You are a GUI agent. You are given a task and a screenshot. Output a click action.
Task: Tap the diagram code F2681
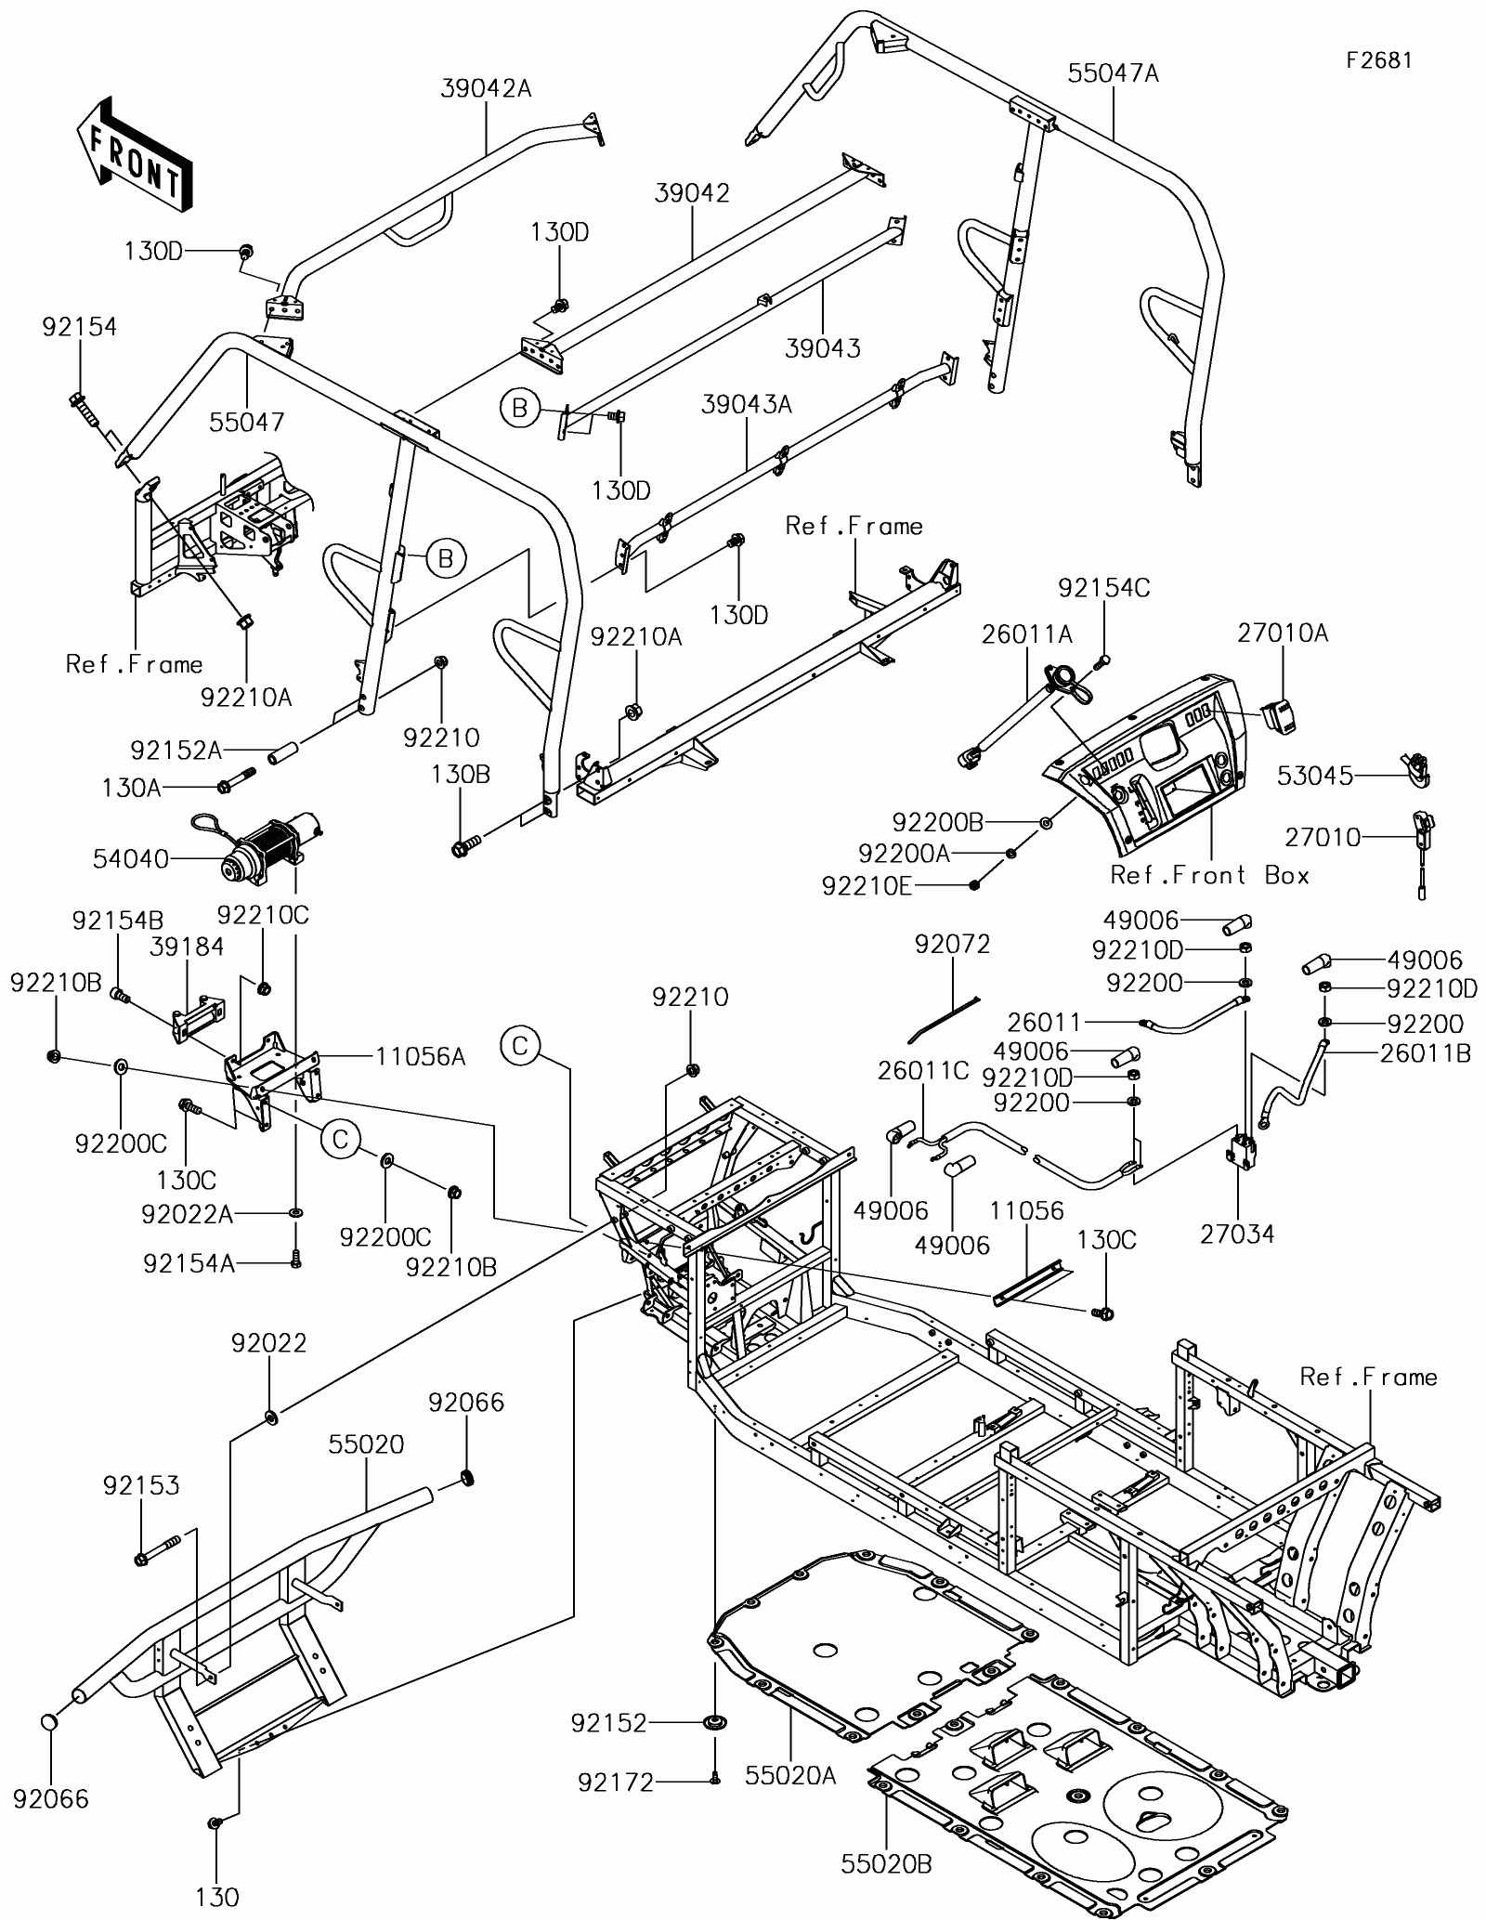pos(1380,60)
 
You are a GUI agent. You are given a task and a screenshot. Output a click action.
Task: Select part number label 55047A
pos(1113,73)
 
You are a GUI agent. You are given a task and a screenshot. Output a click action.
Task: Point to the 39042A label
pos(486,88)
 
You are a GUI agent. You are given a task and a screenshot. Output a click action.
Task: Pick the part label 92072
pos(952,945)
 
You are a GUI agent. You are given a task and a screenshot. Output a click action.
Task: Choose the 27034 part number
pos(1237,1234)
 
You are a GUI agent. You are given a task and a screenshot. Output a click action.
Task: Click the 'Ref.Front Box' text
pos(1210,875)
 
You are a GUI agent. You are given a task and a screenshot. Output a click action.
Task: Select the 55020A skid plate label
pos(790,1776)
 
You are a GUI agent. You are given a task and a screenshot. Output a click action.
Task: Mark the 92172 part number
pos(616,1783)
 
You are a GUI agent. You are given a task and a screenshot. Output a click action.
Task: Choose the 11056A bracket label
pos(421,1056)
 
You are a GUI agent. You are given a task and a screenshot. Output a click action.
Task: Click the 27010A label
pos(1283,633)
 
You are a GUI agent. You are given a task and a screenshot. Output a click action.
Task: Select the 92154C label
pos(1103,587)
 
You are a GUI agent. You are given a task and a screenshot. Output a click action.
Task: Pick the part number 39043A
pos(747,405)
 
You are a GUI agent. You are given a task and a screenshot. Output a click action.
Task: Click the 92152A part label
pos(176,750)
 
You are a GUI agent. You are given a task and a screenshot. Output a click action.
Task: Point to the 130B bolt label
pos(460,775)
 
